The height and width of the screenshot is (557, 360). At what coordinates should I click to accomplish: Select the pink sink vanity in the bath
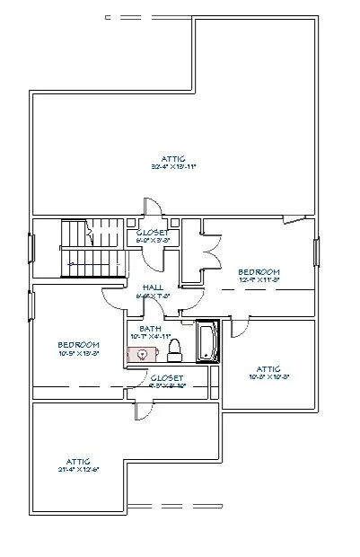click(142, 354)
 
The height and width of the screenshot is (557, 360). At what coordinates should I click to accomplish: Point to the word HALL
click(153, 287)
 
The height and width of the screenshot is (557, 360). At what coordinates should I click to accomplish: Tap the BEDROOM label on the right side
click(259, 271)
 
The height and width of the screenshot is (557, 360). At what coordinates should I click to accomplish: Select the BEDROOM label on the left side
click(78, 344)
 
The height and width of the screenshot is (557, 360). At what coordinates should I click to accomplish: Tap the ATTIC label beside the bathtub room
click(268, 368)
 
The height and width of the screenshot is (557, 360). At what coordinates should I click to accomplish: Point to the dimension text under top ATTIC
click(174, 166)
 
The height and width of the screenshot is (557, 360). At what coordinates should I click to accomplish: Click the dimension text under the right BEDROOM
click(259, 280)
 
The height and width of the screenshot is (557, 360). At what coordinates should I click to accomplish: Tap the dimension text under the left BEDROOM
click(78, 354)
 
